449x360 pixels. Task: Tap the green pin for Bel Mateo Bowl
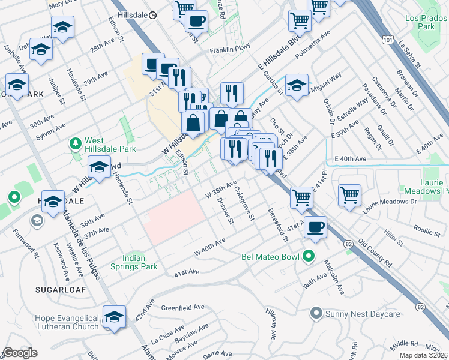(x=309, y=257)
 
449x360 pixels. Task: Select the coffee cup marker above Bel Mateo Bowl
(x=315, y=227)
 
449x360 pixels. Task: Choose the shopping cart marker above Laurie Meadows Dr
(x=349, y=195)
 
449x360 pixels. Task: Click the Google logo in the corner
(x=20, y=352)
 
